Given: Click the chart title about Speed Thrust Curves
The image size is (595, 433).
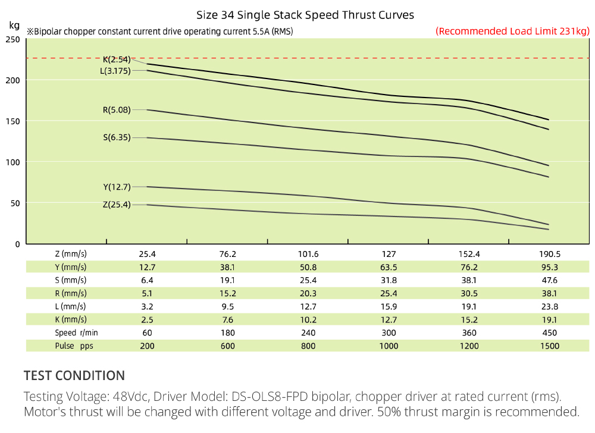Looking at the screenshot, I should (x=305, y=15).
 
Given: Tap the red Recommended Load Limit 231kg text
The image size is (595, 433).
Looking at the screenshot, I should (x=512, y=31).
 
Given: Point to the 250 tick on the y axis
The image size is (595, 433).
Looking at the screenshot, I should (x=13, y=40).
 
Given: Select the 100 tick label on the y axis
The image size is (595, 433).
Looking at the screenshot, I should (x=13, y=162).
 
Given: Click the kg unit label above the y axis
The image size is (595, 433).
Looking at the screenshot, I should (x=14, y=25).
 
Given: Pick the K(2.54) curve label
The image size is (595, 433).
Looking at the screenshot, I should (x=117, y=59).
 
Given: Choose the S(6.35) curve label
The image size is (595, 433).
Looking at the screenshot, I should (x=117, y=137).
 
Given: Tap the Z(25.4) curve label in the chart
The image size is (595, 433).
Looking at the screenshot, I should (x=117, y=205).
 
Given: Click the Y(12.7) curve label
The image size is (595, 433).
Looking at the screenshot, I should (x=117, y=187).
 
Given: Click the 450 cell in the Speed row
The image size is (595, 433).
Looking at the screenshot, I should (x=550, y=332).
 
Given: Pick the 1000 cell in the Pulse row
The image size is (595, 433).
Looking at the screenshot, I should (x=389, y=346).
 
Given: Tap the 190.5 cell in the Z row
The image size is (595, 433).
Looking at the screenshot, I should (x=550, y=253).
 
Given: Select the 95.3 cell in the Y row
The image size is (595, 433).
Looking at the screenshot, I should (x=550, y=266).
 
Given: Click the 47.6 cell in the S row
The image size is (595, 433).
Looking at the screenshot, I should (x=550, y=280).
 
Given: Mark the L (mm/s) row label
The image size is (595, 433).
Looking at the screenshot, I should (x=71, y=306).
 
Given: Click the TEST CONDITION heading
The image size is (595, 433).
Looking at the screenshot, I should (x=74, y=375).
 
